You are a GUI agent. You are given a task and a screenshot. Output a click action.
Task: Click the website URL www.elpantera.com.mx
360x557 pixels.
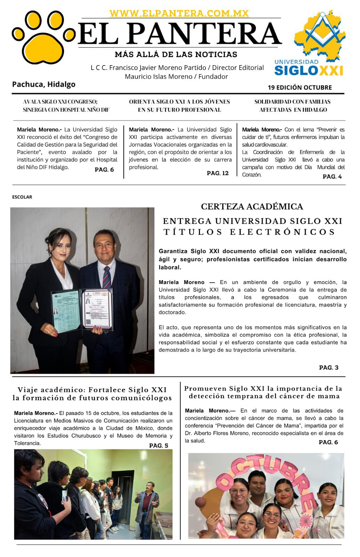click(x=179, y=13)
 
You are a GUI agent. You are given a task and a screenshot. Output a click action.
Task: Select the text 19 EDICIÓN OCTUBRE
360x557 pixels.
click(x=299, y=87)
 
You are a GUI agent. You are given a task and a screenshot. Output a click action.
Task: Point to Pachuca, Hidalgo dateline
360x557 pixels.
click(x=43, y=84)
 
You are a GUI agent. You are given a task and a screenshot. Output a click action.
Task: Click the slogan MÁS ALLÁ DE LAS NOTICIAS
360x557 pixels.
click(x=176, y=54)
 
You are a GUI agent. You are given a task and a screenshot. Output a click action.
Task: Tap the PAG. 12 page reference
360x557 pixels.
click(x=217, y=173)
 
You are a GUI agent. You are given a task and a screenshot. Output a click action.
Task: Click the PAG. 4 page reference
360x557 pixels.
click(x=332, y=176)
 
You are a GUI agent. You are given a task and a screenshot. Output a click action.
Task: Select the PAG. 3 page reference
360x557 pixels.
click(x=328, y=367)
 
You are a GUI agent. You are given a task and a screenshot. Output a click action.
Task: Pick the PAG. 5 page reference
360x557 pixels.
click(x=158, y=445)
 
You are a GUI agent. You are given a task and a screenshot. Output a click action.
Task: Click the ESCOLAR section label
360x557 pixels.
click(x=22, y=197)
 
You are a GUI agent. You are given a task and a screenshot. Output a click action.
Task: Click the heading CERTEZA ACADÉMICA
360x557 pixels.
click(x=252, y=206)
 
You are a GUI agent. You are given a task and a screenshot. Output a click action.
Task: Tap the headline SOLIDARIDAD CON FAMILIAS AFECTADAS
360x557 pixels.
click(x=293, y=105)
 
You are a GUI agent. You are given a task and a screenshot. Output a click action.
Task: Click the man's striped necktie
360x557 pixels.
click(x=106, y=276)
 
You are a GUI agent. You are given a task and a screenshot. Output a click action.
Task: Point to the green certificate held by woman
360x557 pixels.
click(x=65, y=312)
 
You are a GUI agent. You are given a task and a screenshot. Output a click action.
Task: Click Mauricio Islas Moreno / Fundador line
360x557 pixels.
click(x=176, y=77)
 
